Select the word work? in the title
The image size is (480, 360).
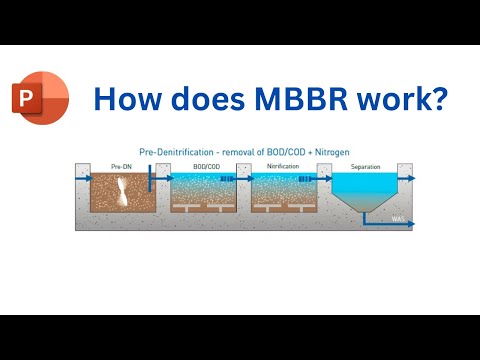[x=397, y=100]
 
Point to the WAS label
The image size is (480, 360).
[x=398, y=219]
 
